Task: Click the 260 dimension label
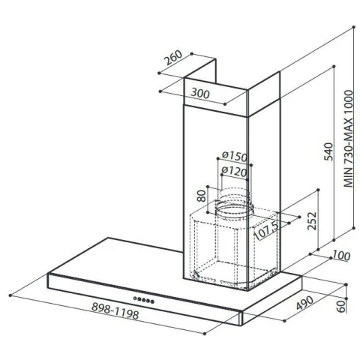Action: coord(173,58)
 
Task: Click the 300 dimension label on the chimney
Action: coord(200,94)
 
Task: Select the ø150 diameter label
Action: coord(235,156)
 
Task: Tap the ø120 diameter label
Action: coord(234,172)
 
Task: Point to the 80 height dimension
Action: coord(201,195)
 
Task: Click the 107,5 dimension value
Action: coord(266,231)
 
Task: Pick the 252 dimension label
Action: coord(312,220)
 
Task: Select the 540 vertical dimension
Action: coord(328,151)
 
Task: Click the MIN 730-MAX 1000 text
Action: coord(348,139)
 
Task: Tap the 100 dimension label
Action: coord(341,256)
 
